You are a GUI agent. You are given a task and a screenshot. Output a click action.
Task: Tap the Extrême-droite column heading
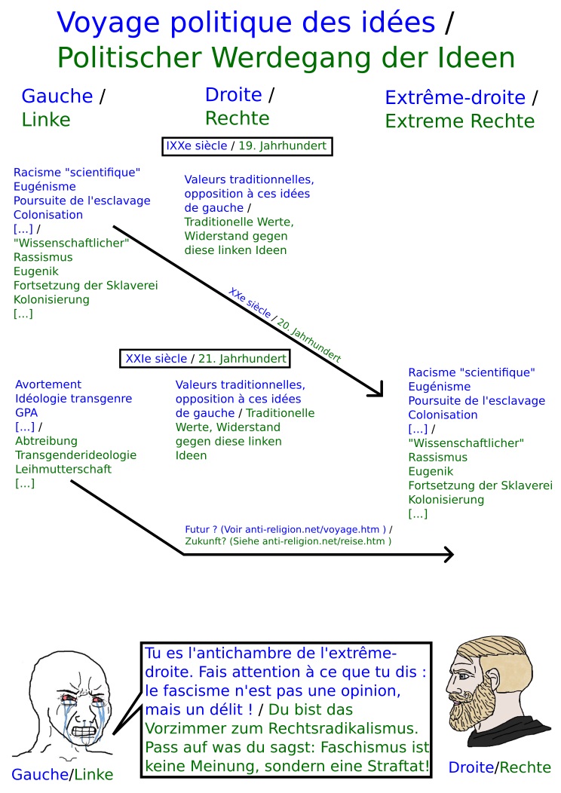[x=455, y=97]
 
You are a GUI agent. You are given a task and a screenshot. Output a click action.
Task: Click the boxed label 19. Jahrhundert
[x=283, y=146]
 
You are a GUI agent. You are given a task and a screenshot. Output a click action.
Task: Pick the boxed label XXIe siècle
[x=155, y=358]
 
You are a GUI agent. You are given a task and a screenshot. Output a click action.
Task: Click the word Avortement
[x=48, y=384]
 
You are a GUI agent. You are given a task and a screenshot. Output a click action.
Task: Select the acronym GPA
[x=26, y=412]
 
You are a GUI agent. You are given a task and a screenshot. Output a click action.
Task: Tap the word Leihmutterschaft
[x=63, y=469]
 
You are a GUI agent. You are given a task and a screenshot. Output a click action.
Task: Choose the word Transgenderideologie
[x=75, y=455]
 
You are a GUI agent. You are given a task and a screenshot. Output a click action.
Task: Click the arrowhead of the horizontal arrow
[x=449, y=555]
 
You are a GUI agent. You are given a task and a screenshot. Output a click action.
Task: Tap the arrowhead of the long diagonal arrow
[x=378, y=390]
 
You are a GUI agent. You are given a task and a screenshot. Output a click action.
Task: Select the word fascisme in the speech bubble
[x=187, y=690]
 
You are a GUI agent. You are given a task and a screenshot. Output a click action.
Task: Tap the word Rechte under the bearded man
[x=525, y=767]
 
